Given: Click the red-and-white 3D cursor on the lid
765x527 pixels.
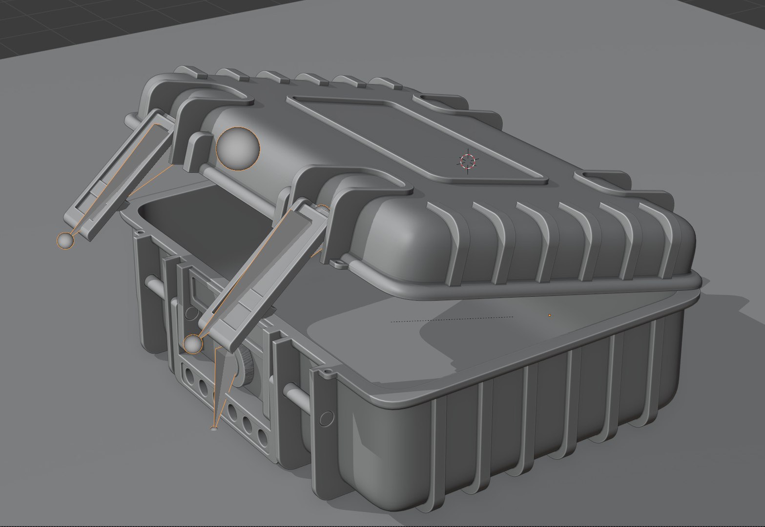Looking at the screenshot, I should click(468, 161).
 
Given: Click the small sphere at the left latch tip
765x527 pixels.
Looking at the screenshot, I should click(65, 241).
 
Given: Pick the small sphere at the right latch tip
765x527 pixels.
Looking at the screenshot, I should click(193, 345).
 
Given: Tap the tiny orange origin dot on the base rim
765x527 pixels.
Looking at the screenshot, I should click(550, 315).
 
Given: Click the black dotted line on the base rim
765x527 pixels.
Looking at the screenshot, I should click(452, 319).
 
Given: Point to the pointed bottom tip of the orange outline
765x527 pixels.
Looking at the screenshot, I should click(214, 428).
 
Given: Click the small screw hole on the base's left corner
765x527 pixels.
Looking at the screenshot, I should click(139, 233).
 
